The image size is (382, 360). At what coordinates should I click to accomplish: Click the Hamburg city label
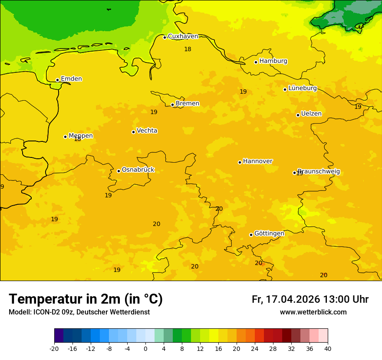coord(273,61)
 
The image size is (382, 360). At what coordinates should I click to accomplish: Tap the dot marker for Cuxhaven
coord(165,37)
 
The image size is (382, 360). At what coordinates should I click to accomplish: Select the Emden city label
coord(71,79)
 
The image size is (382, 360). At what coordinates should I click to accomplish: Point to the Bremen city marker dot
coord(172,105)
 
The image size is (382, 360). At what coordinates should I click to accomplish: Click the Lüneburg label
coord(302,88)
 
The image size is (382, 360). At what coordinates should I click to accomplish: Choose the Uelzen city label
coord(311,114)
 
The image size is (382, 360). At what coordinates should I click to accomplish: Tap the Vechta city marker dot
coord(133,132)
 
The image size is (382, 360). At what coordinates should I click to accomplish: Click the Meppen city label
coord(80,136)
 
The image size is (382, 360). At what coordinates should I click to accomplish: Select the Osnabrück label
coord(138,170)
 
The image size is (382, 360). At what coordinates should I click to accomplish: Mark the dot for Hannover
coord(240,162)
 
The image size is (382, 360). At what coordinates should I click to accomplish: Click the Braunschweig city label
coord(319,171)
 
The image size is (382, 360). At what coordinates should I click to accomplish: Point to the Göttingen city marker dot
coord(251,235)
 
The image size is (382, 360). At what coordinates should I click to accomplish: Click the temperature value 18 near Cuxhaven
coord(188,49)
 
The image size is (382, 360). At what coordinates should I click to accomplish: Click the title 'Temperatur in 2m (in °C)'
coord(86,299)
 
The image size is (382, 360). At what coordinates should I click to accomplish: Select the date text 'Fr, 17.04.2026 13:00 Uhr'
coord(310,299)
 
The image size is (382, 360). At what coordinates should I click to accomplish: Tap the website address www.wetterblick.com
coord(313,312)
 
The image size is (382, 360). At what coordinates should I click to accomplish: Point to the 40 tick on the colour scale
coord(328,348)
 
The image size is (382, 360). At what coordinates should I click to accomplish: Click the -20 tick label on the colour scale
coord(54,348)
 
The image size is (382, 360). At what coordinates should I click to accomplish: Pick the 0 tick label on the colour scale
coord(145,348)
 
